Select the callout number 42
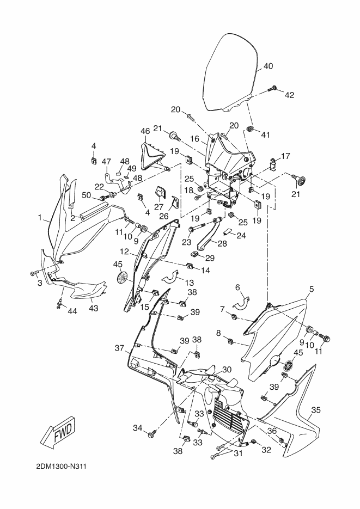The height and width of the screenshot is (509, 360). tap(289, 95)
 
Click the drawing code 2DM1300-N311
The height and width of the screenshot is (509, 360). tap(61, 467)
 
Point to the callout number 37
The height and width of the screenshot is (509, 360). tap(119, 348)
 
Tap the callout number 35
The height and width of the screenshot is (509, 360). tap(316, 410)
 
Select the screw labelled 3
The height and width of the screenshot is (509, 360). tap(34, 273)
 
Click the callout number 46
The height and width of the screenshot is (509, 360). tap(145, 131)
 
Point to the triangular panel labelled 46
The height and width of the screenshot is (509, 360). tap(153, 156)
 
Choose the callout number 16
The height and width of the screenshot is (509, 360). tap(194, 139)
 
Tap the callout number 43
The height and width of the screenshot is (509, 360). tap(94, 308)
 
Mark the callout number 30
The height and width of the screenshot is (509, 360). tap(227, 370)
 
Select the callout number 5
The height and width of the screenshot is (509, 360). tap(312, 289)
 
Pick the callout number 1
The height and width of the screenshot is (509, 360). tap(40, 217)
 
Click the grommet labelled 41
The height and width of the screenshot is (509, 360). tap(249, 129)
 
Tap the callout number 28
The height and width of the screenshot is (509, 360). tap(222, 243)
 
